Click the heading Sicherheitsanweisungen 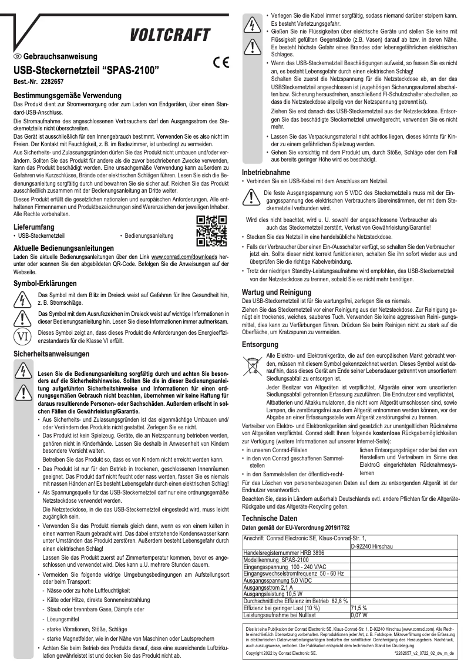pos(52,354)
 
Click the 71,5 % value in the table pos(359,608)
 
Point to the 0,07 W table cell pos(359,615)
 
